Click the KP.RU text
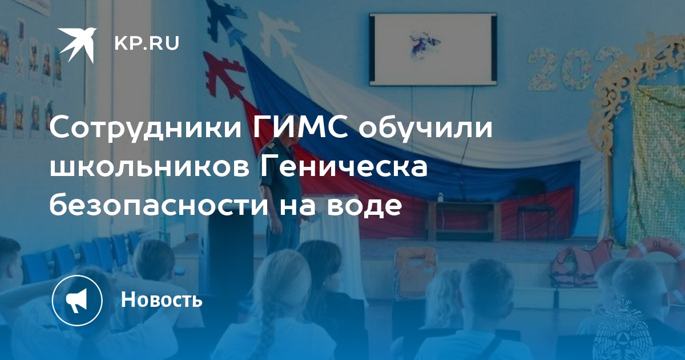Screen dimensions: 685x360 [147, 43]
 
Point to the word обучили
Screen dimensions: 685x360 [426, 128]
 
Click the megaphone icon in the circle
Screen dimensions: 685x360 [78, 301]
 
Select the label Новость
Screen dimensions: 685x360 [162, 299]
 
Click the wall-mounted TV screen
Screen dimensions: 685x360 [433, 49]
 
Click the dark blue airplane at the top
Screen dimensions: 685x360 [225, 21]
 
